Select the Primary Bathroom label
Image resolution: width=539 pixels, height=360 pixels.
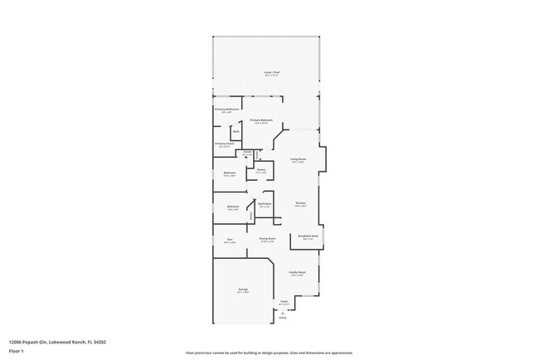[x=227, y=109]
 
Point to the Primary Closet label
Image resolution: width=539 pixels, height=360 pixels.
[x=224, y=144]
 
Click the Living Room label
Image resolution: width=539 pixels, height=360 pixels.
[x=298, y=159]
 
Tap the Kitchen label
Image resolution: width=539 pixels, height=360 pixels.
[x=301, y=203]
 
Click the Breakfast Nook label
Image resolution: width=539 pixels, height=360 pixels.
[x=308, y=236]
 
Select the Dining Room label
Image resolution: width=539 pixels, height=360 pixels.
[x=267, y=239]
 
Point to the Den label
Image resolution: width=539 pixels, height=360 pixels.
[x=230, y=240]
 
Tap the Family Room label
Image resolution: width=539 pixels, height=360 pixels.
[x=297, y=273]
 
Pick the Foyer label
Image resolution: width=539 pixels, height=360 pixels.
[x=283, y=302]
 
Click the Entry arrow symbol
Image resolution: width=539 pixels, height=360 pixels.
[x=282, y=312]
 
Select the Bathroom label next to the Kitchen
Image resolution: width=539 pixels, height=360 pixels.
[x=265, y=204]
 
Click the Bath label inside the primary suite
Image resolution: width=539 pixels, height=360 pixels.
[x=236, y=131]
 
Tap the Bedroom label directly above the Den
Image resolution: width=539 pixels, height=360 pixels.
[x=233, y=207]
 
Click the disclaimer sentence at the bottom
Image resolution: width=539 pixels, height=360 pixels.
[x=269, y=353]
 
